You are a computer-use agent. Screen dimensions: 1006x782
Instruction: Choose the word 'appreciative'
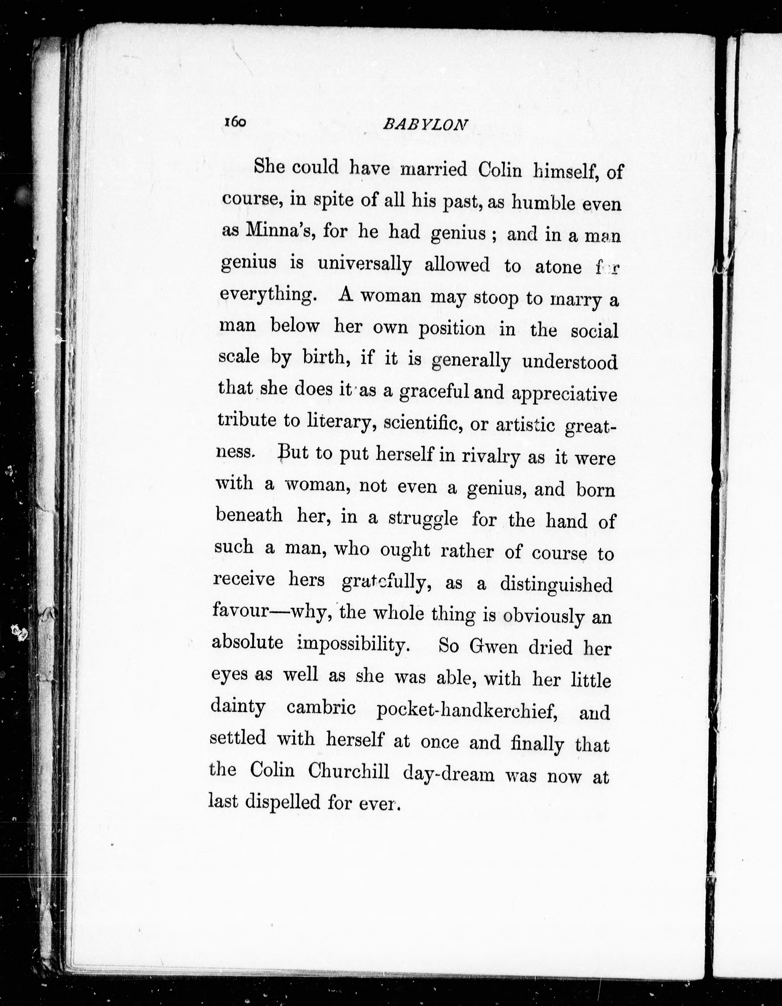point(564,394)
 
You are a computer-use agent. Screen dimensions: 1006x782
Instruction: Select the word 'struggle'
point(423,519)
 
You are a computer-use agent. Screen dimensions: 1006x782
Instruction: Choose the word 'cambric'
point(321,707)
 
